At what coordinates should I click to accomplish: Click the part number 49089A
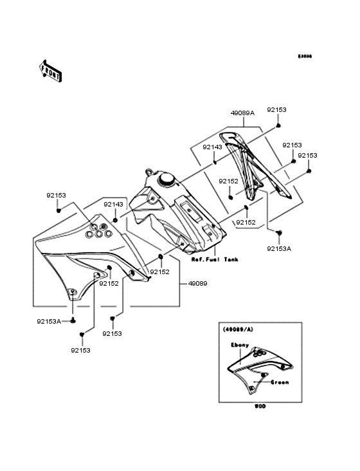(x=242, y=112)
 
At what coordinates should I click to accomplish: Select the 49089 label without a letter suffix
(x=198, y=282)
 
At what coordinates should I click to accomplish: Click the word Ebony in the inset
(x=240, y=345)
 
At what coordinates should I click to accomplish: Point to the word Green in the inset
(x=279, y=382)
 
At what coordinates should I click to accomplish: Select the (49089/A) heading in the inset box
(x=239, y=329)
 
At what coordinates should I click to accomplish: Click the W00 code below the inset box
(x=259, y=407)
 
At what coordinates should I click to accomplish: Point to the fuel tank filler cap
(x=168, y=178)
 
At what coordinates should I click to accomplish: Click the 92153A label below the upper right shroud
(x=279, y=248)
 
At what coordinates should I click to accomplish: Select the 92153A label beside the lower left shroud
(x=49, y=320)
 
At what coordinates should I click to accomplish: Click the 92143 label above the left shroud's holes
(x=113, y=204)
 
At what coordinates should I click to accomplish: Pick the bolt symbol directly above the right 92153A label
(x=279, y=232)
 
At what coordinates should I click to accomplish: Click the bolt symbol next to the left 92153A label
(x=73, y=320)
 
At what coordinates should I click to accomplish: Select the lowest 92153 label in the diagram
(x=80, y=350)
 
